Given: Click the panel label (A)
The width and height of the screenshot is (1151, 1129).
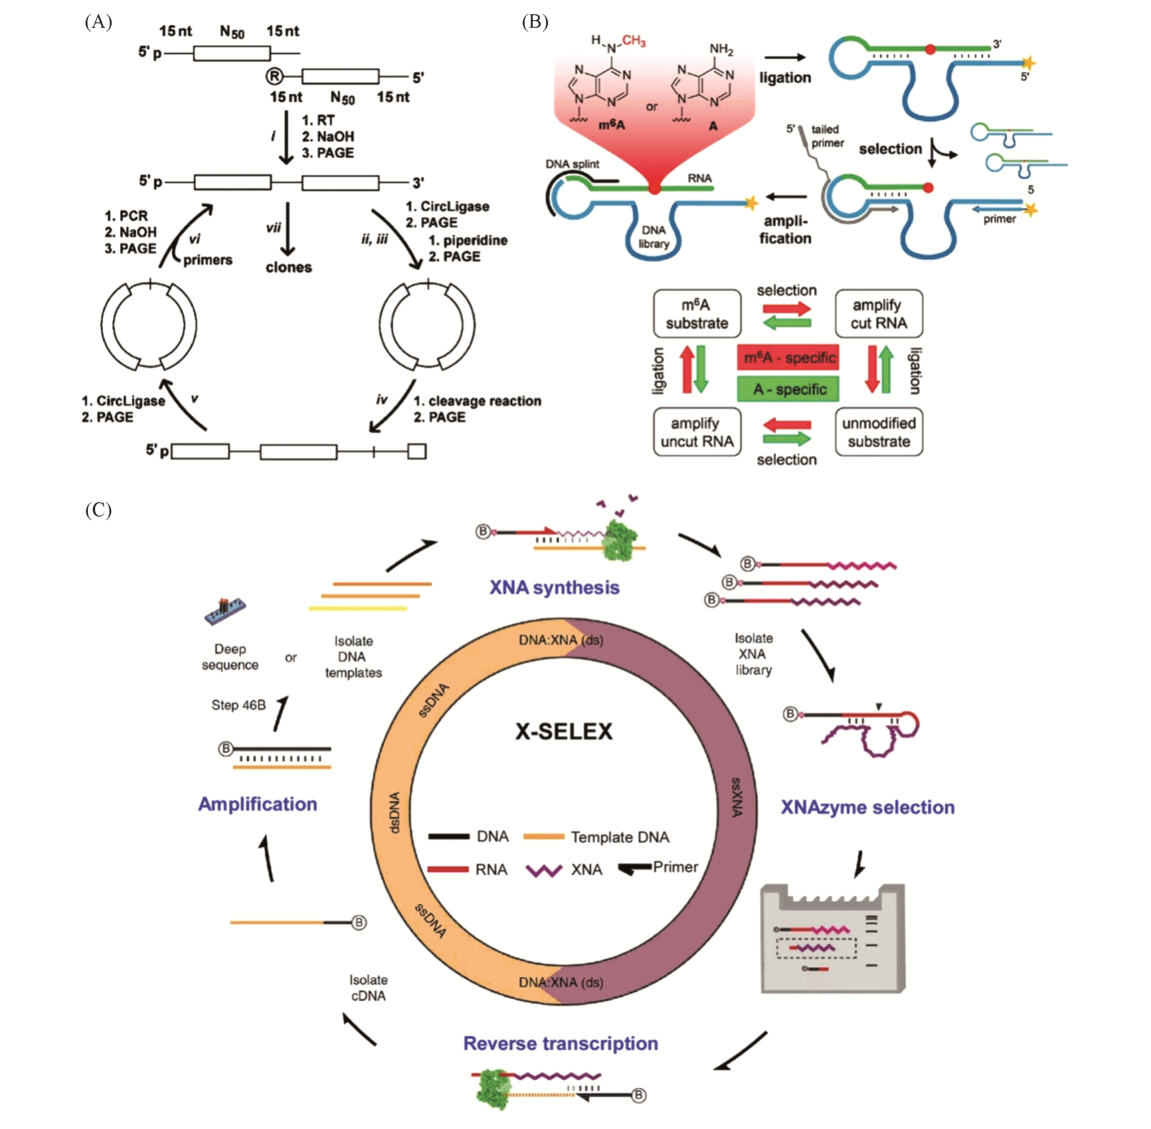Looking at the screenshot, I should tap(99, 22).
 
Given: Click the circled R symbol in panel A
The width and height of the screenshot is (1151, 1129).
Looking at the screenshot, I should tap(274, 77).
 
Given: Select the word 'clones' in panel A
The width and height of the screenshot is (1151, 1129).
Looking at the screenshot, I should tap(288, 267).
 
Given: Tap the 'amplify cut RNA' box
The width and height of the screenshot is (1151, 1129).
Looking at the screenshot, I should tap(879, 314).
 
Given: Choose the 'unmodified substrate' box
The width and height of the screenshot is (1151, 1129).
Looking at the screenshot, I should tap(879, 432).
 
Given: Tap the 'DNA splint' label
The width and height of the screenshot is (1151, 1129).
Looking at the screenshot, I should tap(572, 164).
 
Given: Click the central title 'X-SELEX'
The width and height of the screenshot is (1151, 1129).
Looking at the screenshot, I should tap(564, 731).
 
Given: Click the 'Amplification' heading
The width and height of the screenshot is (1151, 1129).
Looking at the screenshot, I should tap(257, 804).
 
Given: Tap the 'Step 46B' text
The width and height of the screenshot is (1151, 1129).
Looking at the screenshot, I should tap(239, 705).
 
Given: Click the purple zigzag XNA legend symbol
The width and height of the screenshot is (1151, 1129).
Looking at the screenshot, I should tap(543, 870).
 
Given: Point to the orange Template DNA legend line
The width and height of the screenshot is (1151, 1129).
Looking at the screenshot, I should tap(543, 837).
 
